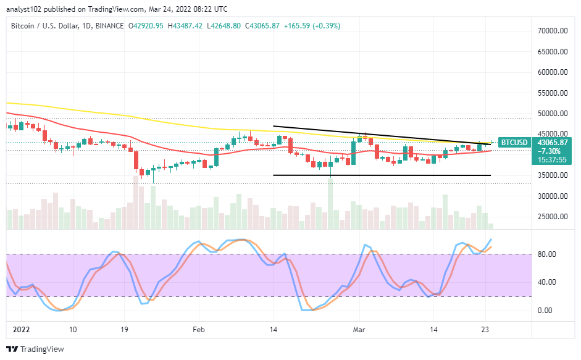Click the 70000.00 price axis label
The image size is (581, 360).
point(552,31)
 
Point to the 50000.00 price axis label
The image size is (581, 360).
point(552,114)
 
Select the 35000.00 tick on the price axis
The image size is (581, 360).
point(552,175)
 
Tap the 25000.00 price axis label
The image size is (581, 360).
point(552,217)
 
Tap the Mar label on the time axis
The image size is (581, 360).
point(359,330)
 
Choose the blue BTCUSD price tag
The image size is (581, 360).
point(514,143)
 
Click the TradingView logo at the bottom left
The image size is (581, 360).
point(35,349)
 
